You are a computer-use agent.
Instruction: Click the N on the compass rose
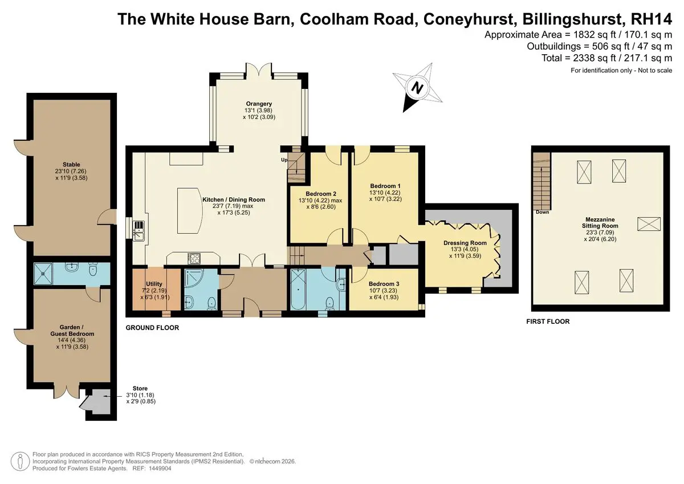pyautogui.click(x=417, y=88)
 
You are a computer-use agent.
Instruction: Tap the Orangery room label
pyautogui.click(x=259, y=104)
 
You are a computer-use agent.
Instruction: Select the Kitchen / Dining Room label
pyautogui.click(x=234, y=200)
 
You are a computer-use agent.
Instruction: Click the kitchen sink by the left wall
pyautogui.click(x=139, y=231)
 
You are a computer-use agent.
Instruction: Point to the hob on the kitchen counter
pyautogui.click(x=194, y=259)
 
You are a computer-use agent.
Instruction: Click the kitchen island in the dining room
pyautogui.click(x=190, y=211)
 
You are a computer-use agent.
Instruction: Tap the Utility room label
pyautogui.click(x=154, y=284)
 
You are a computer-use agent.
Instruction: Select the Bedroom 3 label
pyautogui.click(x=384, y=284)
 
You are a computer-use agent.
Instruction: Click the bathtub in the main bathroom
pyautogui.click(x=298, y=289)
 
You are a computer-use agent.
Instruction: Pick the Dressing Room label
pyautogui.click(x=465, y=243)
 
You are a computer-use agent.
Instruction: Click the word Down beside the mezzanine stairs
pyautogui.click(x=542, y=212)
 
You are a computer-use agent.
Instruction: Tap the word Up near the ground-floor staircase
pyautogui.click(x=284, y=160)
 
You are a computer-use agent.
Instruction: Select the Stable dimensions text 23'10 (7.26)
pyautogui.click(x=71, y=171)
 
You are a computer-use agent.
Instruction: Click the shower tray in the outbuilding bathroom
pyautogui.click(x=43, y=274)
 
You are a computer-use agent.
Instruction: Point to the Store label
pyautogui.click(x=140, y=388)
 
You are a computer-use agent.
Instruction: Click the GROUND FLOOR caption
pyautogui.click(x=152, y=328)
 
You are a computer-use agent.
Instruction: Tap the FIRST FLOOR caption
pyautogui.click(x=548, y=322)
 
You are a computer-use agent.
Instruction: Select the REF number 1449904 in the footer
pyautogui.click(x=160, y=469)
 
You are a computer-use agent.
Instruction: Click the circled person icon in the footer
pyautogui.click(x=20, y=461)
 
